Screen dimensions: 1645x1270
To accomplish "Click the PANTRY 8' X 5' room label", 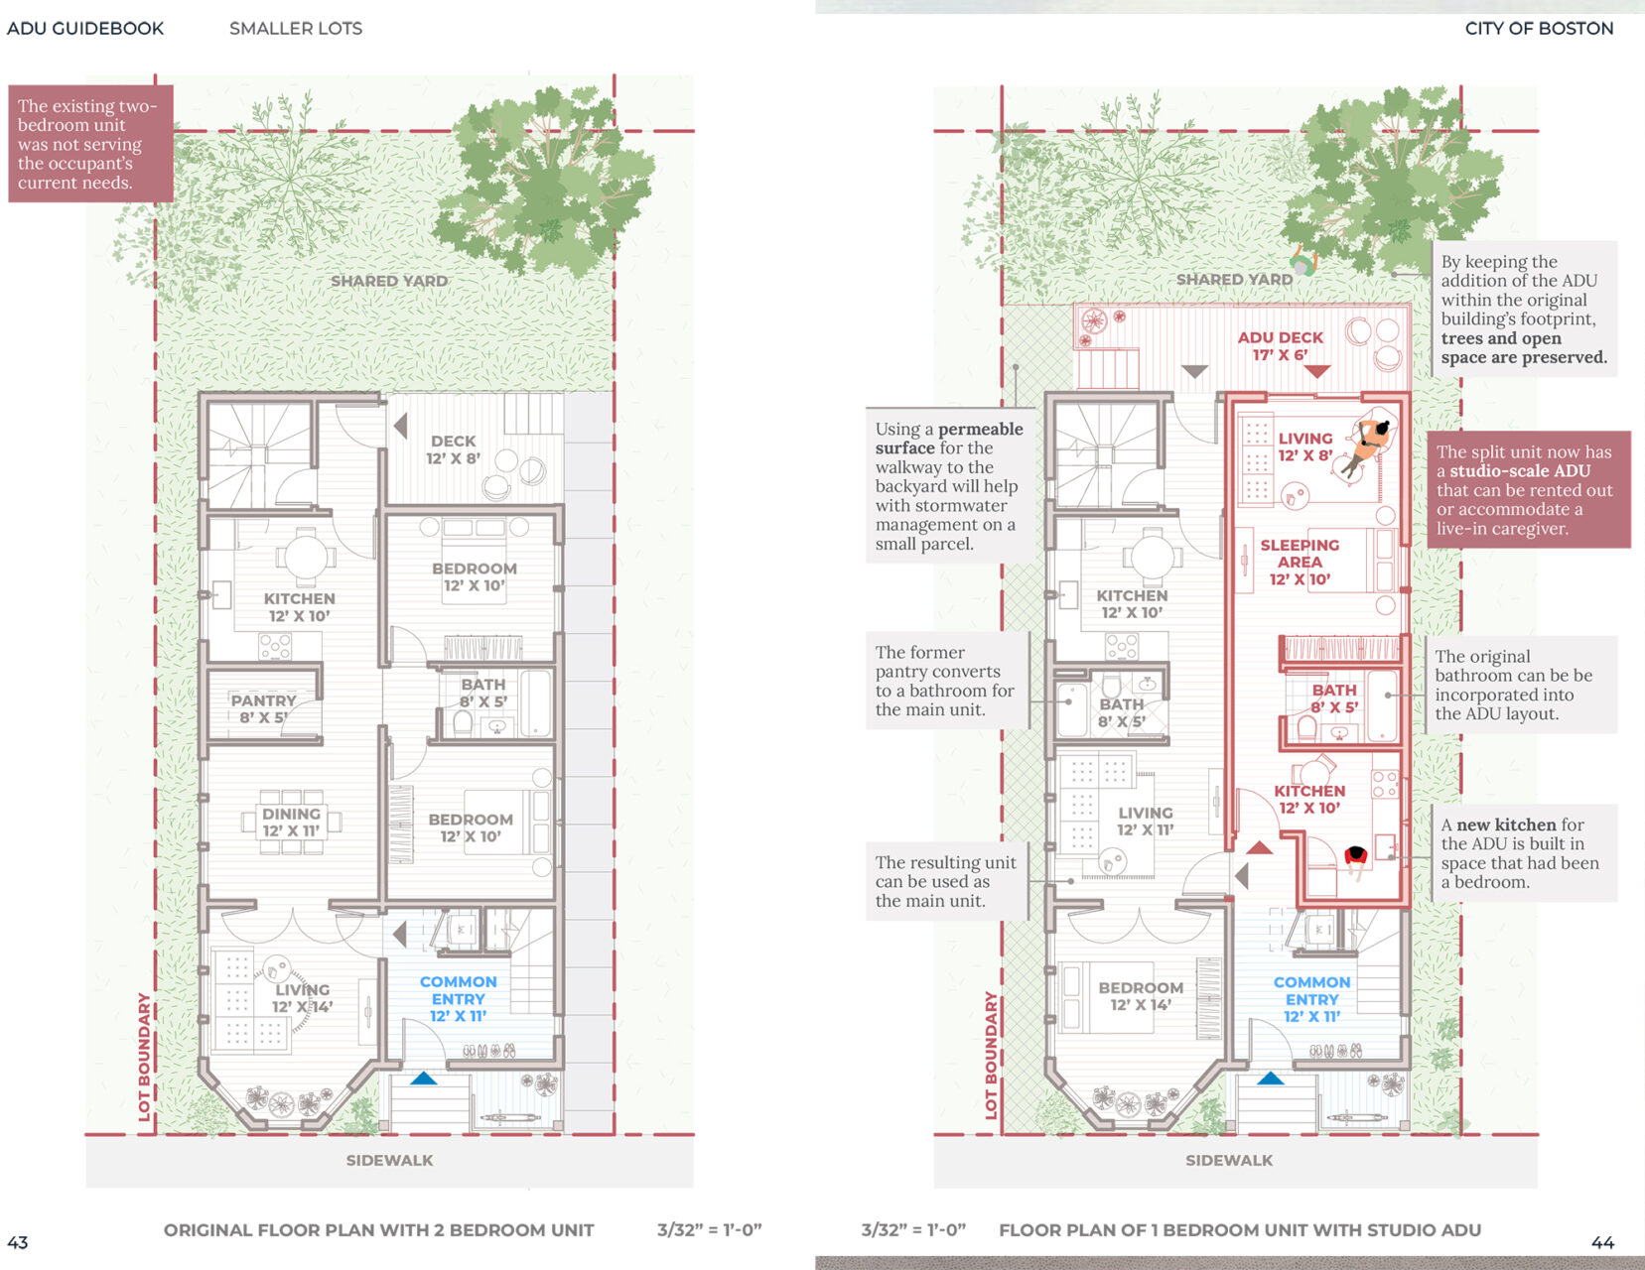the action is [x=263, y=708].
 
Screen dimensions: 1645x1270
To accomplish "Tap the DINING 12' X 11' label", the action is [x=292, y=823].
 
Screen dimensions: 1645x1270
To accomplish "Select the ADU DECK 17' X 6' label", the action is [x=1280, y=345].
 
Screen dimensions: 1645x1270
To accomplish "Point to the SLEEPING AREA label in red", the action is [x=1300, y=562].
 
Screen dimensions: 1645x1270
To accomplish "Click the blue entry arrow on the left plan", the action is [x=423, y=1078].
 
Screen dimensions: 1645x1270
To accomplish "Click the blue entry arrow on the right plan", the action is [x=1271, y=1078].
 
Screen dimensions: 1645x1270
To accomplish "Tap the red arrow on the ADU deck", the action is [x=1316, y=371].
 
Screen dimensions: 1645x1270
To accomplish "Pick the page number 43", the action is [x=18, y=1242].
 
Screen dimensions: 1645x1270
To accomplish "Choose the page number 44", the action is [x=1602, y=1242].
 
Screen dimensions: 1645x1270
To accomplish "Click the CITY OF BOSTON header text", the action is [x=1539, y=29].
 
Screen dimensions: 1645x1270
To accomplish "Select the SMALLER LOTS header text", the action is [x=296, y=29].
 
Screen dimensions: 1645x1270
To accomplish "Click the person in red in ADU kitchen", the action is [x=1355, y=860].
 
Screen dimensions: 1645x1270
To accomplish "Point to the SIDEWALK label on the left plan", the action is [x=390, y=1160].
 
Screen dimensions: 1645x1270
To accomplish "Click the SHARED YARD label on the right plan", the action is [x=1234, y=279].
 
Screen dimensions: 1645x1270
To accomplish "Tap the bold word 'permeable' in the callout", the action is [x=980, y=429].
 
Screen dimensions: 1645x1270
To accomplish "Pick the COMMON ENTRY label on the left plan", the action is [x=458, y=998].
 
